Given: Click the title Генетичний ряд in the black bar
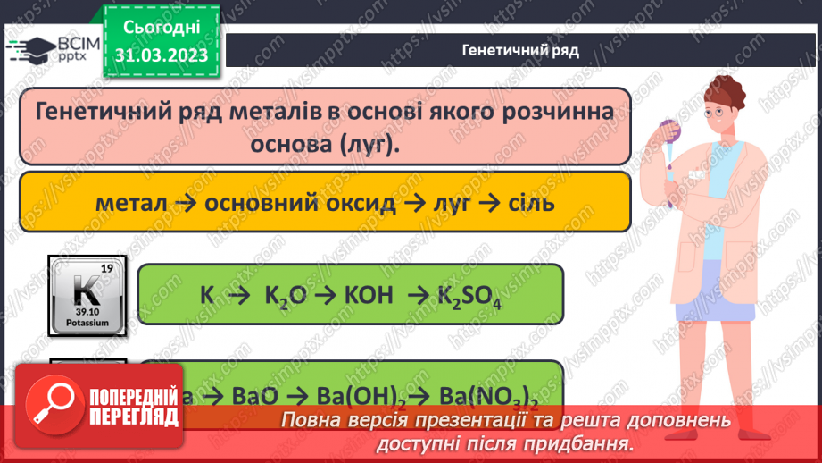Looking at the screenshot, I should pos(520,50).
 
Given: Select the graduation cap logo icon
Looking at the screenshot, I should pos(28,50).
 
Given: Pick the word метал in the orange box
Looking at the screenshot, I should pos(133,203).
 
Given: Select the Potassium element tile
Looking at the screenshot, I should pos(87,295).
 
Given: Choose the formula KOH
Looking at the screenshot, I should pos(366,295).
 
